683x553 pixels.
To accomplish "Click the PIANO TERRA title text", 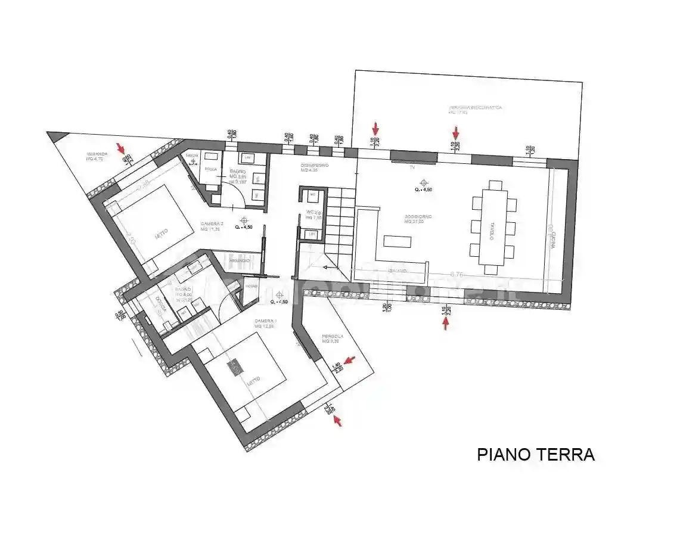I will tap(535, 455).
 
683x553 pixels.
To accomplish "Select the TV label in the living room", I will tap(412, 167).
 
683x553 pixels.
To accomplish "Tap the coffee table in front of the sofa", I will tap(398, 242).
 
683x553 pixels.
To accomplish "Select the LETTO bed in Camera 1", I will tap(244, 369).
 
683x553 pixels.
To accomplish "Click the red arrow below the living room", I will tap(445, 323).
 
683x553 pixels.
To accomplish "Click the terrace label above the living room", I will tap(475, 110).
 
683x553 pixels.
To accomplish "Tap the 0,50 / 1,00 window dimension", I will tap(120, 315).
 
